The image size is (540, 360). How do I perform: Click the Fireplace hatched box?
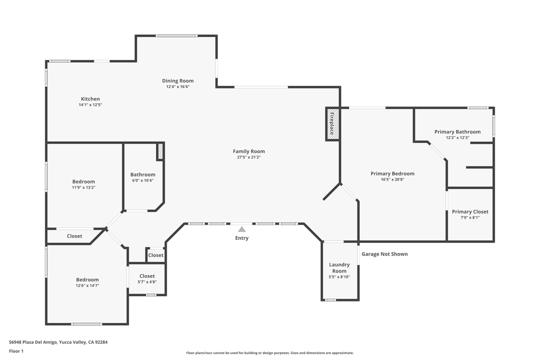[333, 124]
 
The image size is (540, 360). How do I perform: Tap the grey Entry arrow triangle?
[242, 229]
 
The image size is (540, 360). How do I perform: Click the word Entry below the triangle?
[242, 238]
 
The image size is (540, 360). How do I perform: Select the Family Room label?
[249, 151]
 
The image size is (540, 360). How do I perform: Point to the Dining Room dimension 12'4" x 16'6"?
[178, 87]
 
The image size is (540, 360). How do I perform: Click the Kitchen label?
[90, 99]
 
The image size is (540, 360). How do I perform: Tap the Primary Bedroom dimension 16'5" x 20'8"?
[392, 179]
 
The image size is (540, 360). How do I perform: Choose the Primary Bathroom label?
[457, 132]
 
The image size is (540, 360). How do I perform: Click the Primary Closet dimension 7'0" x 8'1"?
[470, 218]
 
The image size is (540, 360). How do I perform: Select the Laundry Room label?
[339, 268]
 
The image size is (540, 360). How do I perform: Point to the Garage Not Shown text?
[384, 254]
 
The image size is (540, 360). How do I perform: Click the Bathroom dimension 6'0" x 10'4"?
[142, 180]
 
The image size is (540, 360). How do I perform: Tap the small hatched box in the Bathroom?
[160, 151]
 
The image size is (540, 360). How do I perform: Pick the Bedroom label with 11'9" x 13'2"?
[83, 182]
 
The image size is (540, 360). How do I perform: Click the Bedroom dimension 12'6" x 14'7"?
[88, 286]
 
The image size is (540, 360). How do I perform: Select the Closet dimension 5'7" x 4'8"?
[147, 282]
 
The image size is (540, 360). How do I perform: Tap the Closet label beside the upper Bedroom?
[74, 236]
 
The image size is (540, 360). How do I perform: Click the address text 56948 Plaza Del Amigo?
[33, 342]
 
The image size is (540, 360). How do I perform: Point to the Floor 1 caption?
[16, 352]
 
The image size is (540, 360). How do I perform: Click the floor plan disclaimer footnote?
[269, 353]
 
